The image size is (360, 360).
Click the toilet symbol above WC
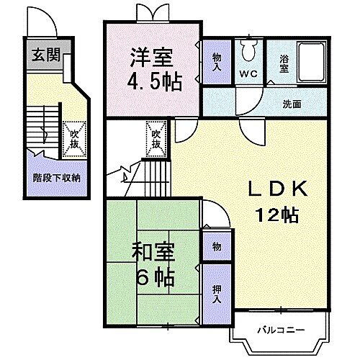pos(249,50)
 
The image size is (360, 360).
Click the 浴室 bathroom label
pos(283,63)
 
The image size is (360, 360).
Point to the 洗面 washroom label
pos(292,103)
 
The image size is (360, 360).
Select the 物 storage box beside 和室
pos(216,246)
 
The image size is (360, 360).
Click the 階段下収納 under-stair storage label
pos(56,177)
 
